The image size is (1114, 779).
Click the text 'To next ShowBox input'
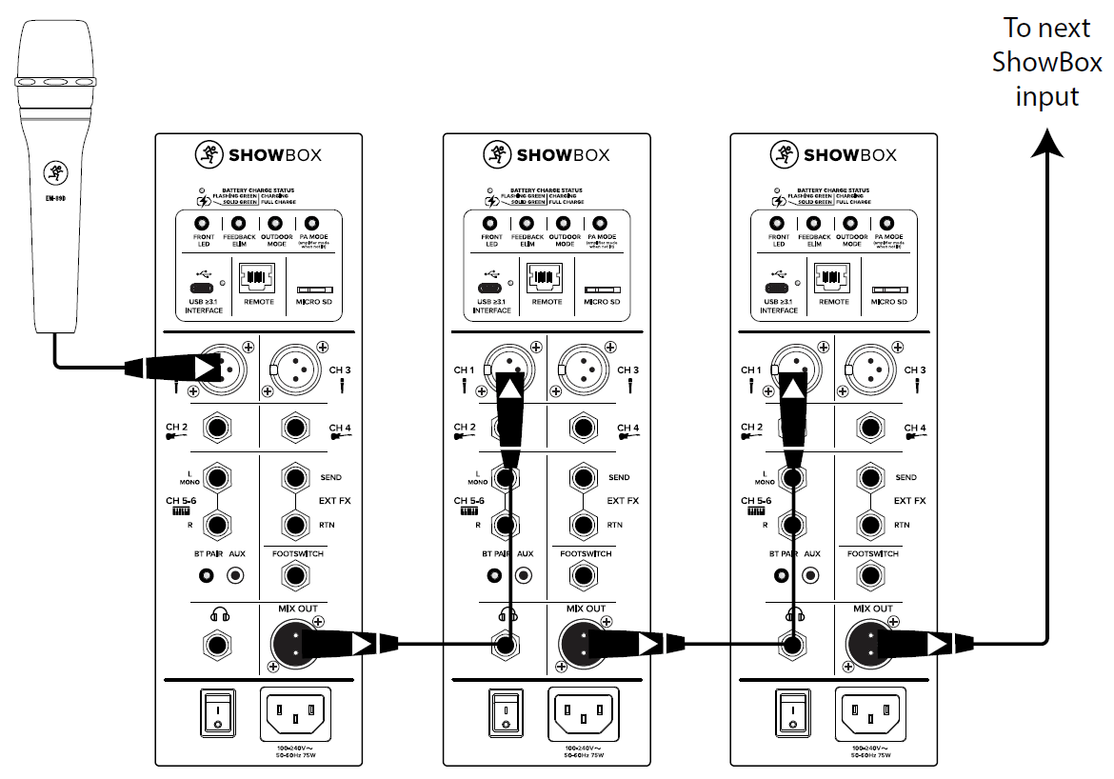(x=1047, y=62)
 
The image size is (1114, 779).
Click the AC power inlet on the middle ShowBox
(x=584, y=710)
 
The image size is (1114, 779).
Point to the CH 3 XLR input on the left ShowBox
(x=297, y=366)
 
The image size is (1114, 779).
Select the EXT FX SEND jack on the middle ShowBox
(x=585, y=476)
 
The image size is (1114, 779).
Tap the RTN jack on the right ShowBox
(x=871, y=524)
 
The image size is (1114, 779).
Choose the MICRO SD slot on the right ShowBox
(x=888, y=288)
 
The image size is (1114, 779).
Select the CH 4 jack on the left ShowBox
(x=297, y=429)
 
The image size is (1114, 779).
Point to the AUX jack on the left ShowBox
(x=236, y=576)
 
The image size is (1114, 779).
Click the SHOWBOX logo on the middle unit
(x=547, y=154)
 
